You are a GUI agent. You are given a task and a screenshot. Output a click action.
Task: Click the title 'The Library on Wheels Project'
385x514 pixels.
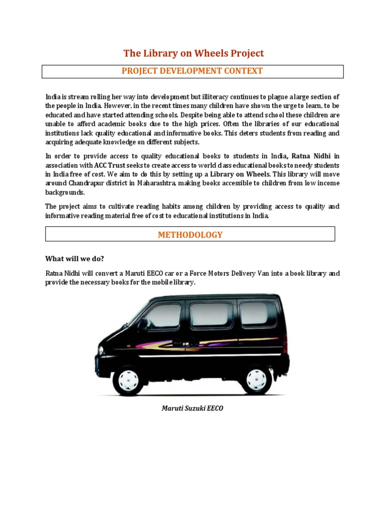click(x=194, y=53)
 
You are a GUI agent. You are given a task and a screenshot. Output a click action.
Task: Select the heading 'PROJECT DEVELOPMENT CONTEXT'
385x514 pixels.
click(x=192, y=71)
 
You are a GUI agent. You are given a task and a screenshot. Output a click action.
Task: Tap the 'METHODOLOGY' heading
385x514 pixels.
click(x=190, y=234)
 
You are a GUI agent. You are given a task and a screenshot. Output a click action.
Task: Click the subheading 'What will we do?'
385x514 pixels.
click(x=75, y=259)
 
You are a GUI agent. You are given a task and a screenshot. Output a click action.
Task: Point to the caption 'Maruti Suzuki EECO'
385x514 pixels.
click(x=192, y=408)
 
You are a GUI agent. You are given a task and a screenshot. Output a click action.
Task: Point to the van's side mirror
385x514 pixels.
click(x=143, y=324)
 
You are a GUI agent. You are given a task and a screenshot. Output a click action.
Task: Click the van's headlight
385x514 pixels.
click(x=101, y=349)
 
